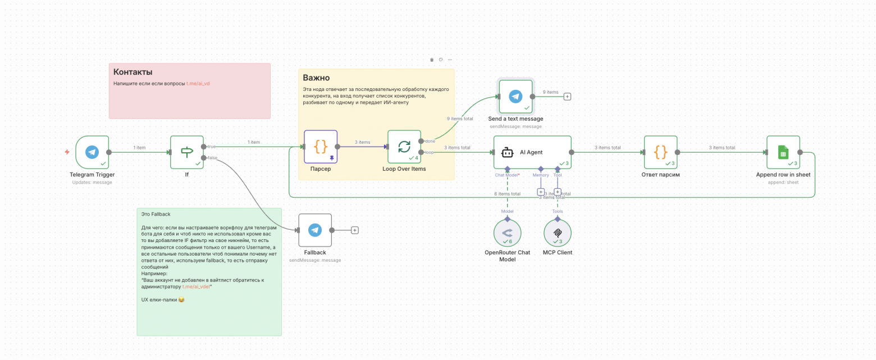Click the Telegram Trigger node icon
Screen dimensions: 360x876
tap(92, 152)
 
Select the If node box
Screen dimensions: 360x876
tap(187, 152)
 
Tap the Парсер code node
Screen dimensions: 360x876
tap(321, 147)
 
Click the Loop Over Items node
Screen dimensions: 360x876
tap(404, 147)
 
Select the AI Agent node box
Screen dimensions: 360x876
tap(532, 152)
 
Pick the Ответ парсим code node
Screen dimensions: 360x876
tap(660, 152)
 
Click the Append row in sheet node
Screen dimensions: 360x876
tap(783, 152)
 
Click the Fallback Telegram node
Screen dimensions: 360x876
tap(315, 230)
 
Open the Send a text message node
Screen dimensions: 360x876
tap(515, 97)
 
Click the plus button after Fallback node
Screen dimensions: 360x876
tap(355, 230)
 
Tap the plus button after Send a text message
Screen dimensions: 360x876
tap(567, 97)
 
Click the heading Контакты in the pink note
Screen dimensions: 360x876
tap(133, 72)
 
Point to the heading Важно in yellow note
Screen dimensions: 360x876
tap(316, 78)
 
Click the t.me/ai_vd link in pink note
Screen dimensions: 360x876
tap(198, 83)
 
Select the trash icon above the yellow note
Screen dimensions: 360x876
tap(432, 60)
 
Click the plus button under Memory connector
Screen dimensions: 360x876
tap(541, 192)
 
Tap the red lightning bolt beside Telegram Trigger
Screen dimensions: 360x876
tap(67, 152)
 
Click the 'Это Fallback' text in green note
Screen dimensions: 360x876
tap(156, 214)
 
